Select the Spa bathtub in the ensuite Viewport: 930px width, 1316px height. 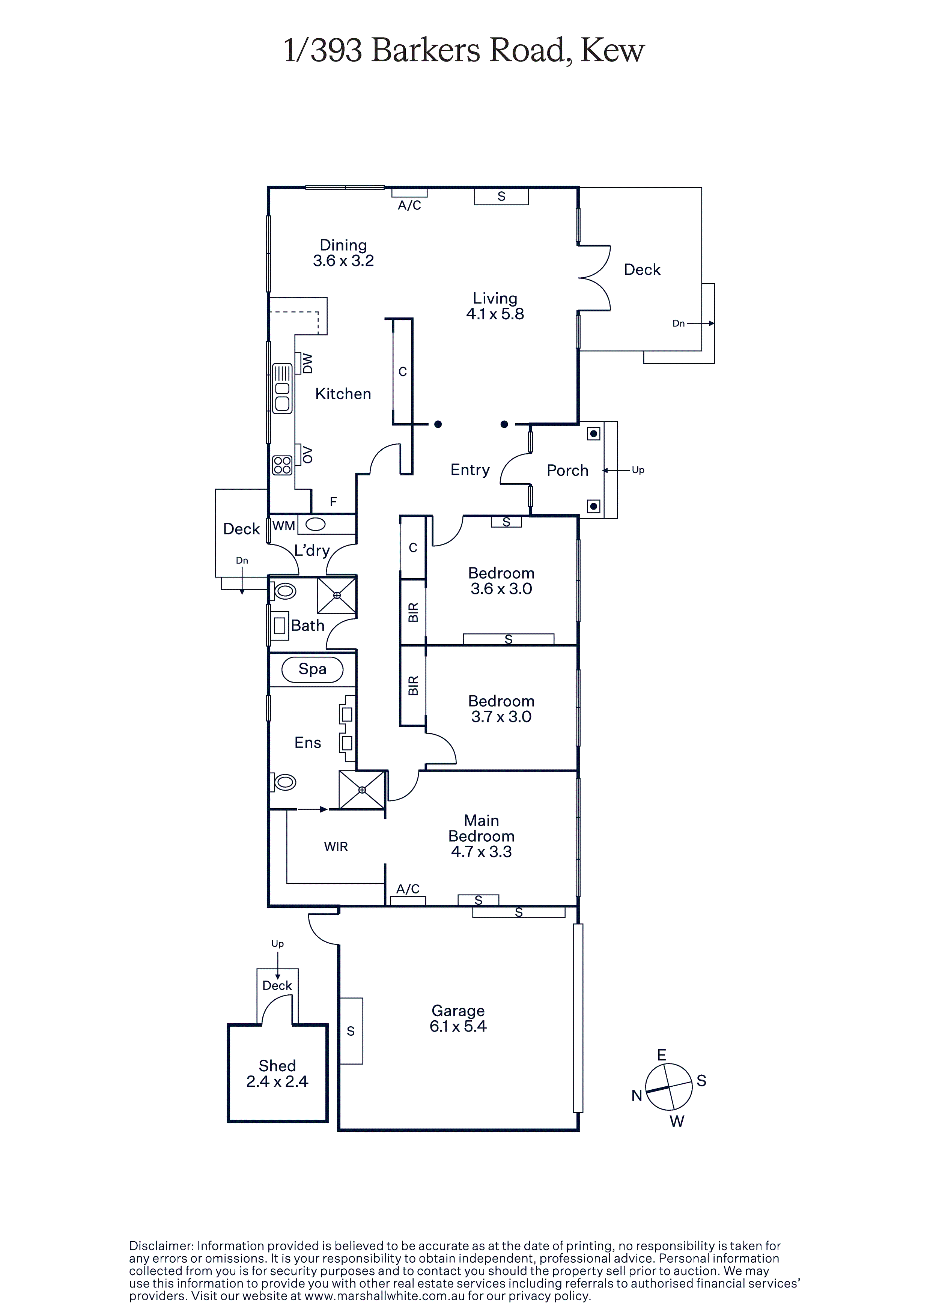point(313,669)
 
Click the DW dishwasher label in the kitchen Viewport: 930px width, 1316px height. point(308,363)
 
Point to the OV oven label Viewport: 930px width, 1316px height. point(308,454)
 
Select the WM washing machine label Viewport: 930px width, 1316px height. point(284,526)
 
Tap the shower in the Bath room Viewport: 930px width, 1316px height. point(337,595)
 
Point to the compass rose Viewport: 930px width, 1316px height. point(668,1087)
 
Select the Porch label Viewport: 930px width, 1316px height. point(567,471)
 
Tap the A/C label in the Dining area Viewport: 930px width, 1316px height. point(409,206)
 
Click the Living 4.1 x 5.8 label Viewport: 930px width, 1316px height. point(495,306)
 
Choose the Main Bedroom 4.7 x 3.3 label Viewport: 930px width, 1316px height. point(482,836)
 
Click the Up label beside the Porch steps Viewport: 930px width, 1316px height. point(638,470)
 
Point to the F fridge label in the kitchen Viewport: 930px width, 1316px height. point(333,502)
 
